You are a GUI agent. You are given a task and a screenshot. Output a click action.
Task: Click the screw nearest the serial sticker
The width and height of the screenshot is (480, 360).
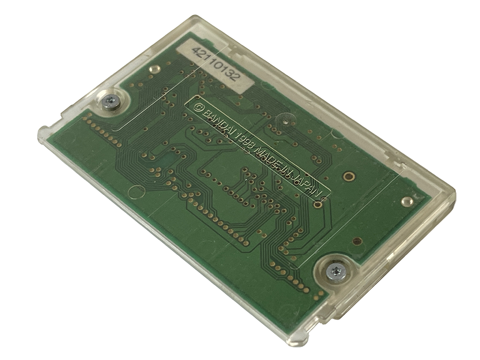(110, 101)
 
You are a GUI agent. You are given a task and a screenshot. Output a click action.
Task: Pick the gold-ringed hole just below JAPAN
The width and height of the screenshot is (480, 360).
(318, 204)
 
